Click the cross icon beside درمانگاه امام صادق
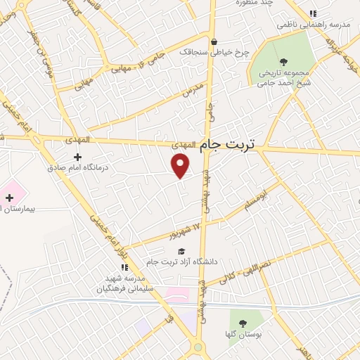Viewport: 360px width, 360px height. tap(78, 157)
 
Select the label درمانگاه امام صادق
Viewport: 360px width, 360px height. tap(76, 168)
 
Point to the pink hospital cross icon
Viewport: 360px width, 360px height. tap(9, 198)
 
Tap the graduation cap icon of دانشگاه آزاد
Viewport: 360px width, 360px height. tap(181, 251)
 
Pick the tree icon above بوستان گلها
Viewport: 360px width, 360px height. tap(243, 323)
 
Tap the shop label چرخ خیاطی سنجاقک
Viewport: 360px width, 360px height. tap(209, 52)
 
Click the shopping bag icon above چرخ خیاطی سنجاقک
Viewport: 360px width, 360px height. tap(214, 41)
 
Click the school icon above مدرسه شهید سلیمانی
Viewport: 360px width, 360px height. tap(124, 267)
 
